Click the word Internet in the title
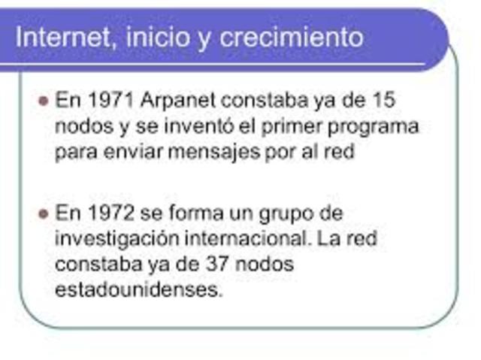[x=62, y=36]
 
